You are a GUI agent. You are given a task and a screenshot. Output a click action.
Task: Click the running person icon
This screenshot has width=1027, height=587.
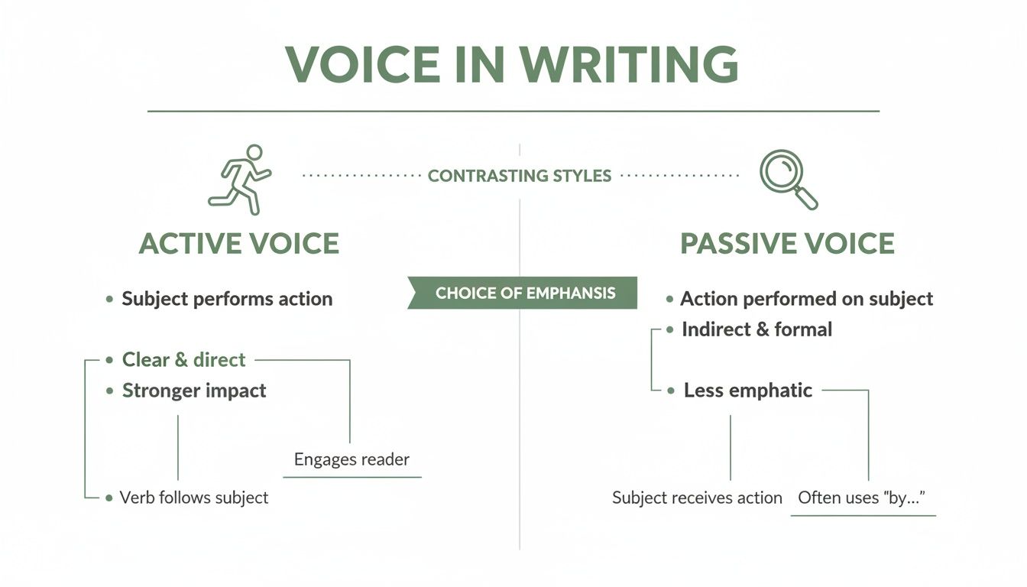(x=239, y=179)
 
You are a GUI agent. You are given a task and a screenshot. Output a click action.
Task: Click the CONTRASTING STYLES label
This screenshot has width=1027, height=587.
(x=520, y=176)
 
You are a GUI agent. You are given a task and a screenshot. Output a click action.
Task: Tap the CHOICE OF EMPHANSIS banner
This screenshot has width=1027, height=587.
(x=526, y=293)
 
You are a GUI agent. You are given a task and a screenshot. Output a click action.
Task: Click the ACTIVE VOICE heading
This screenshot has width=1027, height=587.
(x=239, y=244)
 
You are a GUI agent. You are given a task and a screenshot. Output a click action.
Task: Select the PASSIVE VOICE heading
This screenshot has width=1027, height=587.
(x=787, y=244)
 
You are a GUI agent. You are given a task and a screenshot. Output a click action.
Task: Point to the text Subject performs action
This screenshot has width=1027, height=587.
(x=227, y=299)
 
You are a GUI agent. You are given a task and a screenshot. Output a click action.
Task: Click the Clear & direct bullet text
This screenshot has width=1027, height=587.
(x=183, y=360)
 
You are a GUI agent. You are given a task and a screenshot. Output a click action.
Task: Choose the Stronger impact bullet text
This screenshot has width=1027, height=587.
(x=194, y=391)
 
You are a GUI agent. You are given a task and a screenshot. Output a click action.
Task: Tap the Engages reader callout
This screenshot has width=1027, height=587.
(x=352, y=459)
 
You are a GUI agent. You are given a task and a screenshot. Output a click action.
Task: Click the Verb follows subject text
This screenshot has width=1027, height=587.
(x=194, y=498)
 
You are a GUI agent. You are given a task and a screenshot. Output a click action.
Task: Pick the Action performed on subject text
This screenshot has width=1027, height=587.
(x=806, y=299)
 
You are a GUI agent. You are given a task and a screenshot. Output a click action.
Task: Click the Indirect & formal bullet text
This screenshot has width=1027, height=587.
(x=756, y=329)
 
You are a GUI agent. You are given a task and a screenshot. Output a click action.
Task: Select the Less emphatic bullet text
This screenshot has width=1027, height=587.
(x=747, y=391)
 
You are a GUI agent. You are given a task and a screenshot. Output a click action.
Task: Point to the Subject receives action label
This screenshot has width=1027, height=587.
(x=697, y=498)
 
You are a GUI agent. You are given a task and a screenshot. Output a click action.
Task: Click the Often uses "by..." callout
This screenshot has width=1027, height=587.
(x=862, y=498)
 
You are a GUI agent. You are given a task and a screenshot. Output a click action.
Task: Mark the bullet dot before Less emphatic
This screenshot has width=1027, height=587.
(x=671, y=391)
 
